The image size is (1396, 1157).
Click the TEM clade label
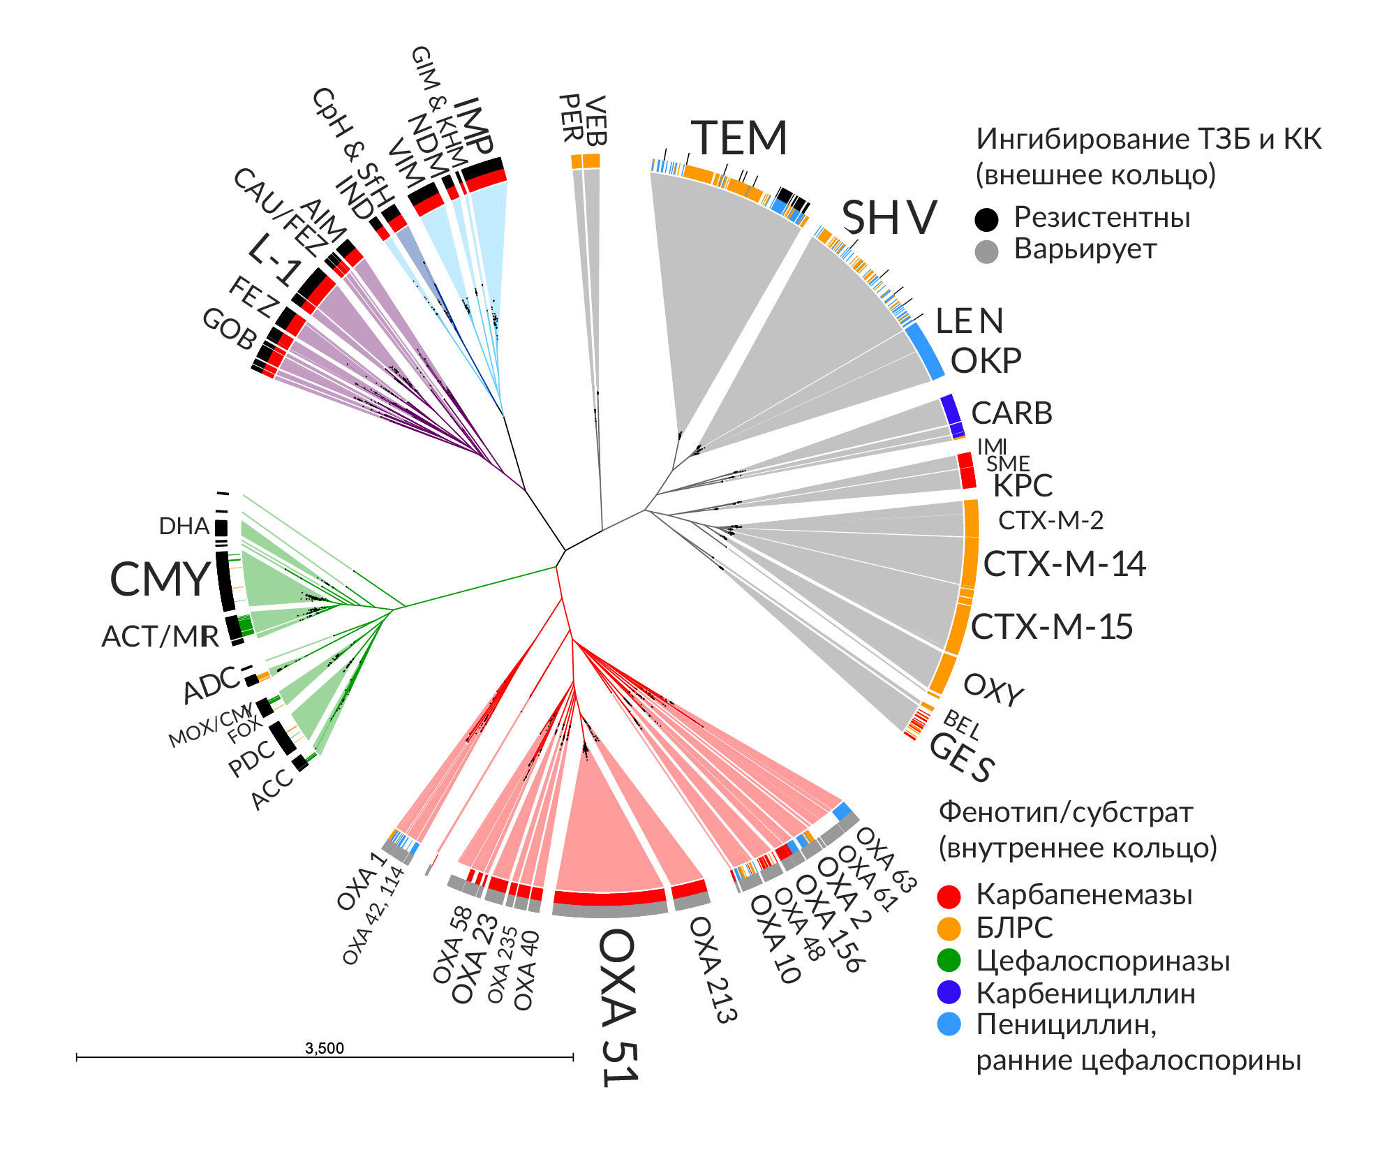point(739,138)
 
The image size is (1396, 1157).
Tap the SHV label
point(889,217)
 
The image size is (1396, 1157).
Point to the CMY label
point(160,579)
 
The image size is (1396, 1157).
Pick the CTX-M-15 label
point(1051,626)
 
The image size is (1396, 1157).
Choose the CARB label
point(1011,413)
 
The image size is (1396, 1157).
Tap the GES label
point(961,758)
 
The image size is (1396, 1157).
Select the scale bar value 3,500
point(325,1048)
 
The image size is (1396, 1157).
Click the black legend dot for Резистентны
point(987,219)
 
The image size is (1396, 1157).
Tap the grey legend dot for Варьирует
point(987,251)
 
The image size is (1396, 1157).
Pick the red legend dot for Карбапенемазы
point(949,895)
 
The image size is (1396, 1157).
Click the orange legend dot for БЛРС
point(949,928)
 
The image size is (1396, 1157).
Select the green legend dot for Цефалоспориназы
point(949,961)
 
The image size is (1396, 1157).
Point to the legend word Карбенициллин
point(1085,993)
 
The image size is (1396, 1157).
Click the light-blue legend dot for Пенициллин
point(949,1024)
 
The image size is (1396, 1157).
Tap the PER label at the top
point(571,119)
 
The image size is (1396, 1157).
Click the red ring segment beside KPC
point(967,471)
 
